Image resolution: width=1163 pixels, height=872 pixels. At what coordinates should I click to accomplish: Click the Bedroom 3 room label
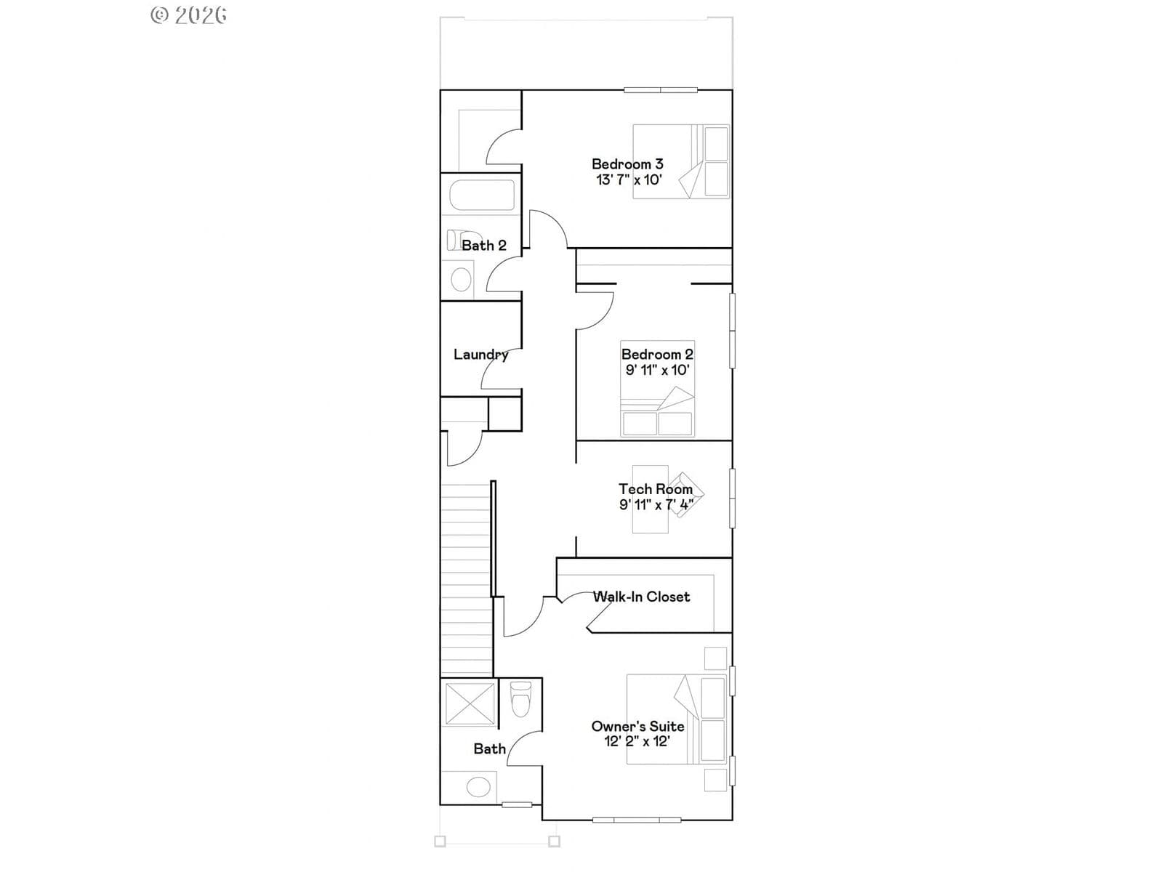627,164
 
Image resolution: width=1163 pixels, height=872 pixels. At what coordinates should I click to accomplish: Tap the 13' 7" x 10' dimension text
629,180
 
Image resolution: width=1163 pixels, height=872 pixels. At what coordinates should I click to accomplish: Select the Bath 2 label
484,245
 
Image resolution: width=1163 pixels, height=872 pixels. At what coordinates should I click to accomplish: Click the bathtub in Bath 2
482,195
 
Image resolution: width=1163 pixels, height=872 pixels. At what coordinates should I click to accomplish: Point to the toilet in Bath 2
463,240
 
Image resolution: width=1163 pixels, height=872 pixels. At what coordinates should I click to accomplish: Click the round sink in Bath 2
461,280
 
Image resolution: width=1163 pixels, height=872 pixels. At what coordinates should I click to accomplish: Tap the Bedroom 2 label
657,354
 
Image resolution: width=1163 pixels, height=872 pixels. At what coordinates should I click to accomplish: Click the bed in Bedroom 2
657,389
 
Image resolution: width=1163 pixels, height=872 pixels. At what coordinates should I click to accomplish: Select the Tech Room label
656,488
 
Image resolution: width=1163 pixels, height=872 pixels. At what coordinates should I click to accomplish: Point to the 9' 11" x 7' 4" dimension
656,504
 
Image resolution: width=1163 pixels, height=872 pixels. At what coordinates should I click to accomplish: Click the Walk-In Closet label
641,597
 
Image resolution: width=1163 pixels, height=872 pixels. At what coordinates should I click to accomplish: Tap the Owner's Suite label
637,726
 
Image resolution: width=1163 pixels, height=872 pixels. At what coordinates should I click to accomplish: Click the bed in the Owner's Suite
677,719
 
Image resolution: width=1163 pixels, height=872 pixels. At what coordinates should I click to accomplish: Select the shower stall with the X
470,703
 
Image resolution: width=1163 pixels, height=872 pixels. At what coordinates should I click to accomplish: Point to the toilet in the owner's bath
520,699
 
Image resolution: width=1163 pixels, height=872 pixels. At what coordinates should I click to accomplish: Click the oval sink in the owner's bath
478,787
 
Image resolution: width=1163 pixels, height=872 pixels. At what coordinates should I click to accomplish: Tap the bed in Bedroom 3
681,161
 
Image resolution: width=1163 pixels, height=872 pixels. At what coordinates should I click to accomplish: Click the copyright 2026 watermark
188,15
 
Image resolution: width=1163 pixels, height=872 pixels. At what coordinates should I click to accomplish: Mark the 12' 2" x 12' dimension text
637,741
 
